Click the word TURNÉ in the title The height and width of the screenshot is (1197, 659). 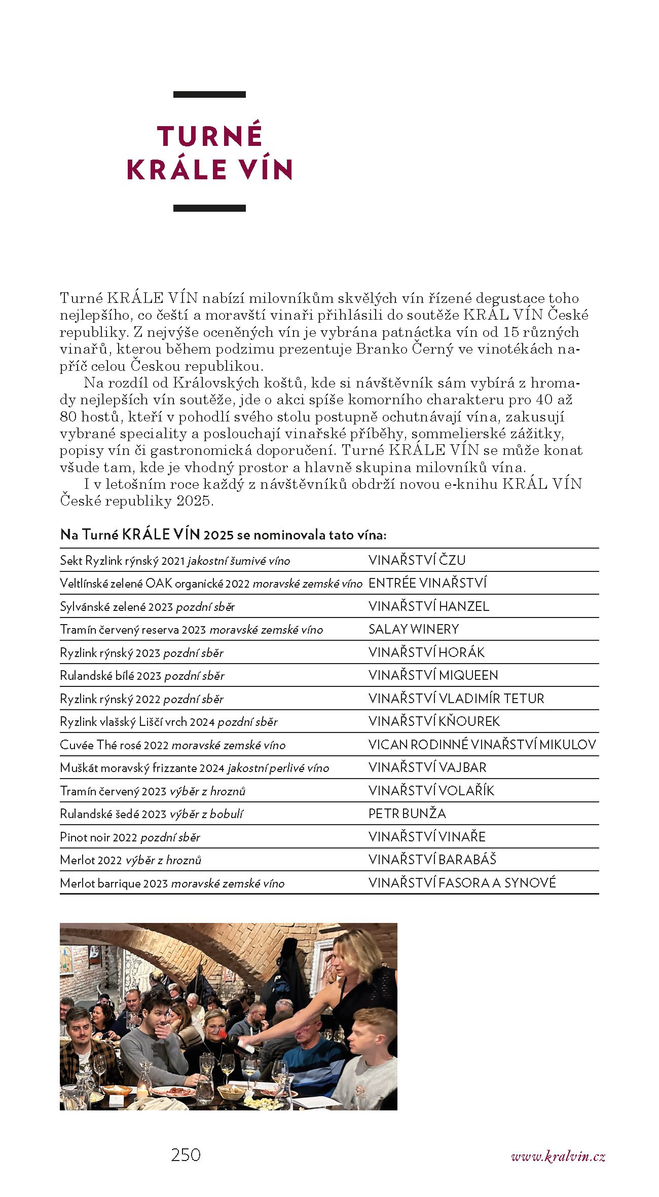coord(209,135)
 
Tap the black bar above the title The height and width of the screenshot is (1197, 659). coord(209,95)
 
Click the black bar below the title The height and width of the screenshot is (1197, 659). coord(209,208)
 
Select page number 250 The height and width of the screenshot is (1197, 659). coord(186,1155)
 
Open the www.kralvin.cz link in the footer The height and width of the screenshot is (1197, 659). coord(558,1156)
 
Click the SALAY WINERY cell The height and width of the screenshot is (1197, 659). coord(414,629)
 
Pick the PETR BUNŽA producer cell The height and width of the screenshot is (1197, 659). coord(407,814)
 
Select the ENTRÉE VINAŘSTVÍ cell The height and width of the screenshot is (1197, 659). coord(427,583)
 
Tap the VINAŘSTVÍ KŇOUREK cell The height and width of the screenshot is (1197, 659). coord(434,721)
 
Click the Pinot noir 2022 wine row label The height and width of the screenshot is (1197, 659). coord(130,837)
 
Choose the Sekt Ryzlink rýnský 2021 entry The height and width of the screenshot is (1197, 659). coord(175,561)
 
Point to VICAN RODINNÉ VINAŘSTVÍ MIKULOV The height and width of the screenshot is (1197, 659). coord(482,745)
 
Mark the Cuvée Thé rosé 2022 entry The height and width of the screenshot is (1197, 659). coord(172,745)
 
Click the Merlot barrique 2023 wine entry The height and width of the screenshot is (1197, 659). coord(172,883)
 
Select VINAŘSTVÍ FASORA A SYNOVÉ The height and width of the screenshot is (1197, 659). coord(462,883)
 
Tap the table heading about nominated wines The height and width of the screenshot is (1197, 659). coord(223,535)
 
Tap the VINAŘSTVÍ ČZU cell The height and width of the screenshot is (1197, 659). coord(417,560)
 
